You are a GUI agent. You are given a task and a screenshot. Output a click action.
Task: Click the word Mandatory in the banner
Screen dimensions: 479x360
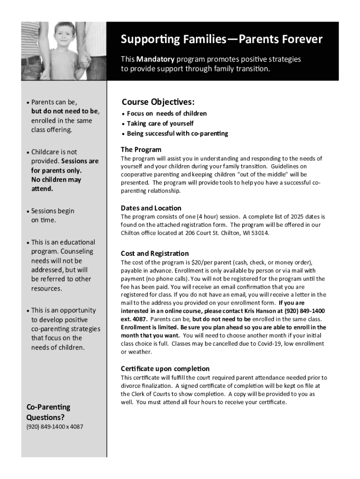tap(156, 59)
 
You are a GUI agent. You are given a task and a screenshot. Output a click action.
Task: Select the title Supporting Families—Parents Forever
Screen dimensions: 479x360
tap(222, 39)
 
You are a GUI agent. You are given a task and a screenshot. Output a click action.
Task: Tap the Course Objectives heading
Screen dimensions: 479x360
tap(158, 102)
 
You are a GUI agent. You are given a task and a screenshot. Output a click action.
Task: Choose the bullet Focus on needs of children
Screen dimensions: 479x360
tap(167, 114)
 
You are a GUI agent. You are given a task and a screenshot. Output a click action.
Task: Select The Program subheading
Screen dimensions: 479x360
tap(141, 150)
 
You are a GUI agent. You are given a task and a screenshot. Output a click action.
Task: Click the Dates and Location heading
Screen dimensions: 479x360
tap(151, 208)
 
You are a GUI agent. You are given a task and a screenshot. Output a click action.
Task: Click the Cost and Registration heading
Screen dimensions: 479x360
tap(155, 254)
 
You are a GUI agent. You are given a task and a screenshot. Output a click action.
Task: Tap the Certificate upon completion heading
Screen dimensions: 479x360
tap(165, 369)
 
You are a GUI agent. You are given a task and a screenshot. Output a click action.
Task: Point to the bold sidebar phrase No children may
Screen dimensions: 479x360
tap(56, 180)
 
